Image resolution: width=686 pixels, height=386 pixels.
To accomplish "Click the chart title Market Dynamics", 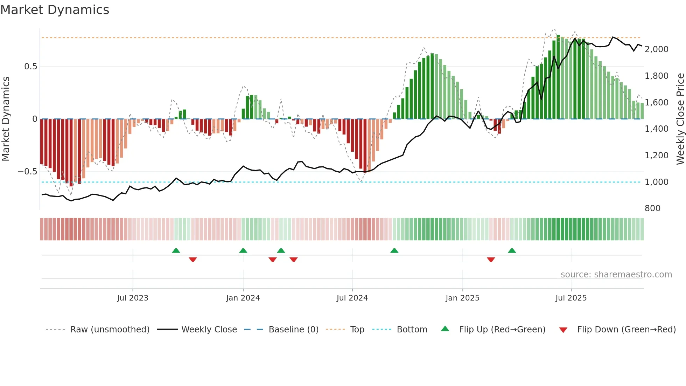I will click(55, 10).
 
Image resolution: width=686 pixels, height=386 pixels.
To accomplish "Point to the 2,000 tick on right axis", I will click(656, 49).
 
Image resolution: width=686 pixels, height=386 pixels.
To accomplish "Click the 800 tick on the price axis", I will click(652, 208).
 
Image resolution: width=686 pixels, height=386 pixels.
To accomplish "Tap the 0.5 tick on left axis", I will click(30, 67).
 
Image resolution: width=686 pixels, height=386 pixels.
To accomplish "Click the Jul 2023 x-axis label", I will click(133, 298).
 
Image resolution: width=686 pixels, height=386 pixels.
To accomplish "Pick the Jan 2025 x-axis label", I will click(462, 298).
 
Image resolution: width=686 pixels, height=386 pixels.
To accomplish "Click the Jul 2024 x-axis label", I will click(352, 298).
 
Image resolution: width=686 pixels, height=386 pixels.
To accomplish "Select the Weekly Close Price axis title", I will click(680, 119).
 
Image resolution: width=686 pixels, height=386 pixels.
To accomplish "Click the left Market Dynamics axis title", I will click(6, 119).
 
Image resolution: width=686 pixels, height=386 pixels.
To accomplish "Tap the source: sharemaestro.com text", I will click(616, 275).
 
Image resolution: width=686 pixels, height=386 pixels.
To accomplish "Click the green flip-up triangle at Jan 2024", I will click(243, 251).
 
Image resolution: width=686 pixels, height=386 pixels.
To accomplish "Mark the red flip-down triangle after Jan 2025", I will click(491, 260).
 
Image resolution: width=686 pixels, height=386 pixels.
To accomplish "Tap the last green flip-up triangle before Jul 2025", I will click(512, 251).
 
